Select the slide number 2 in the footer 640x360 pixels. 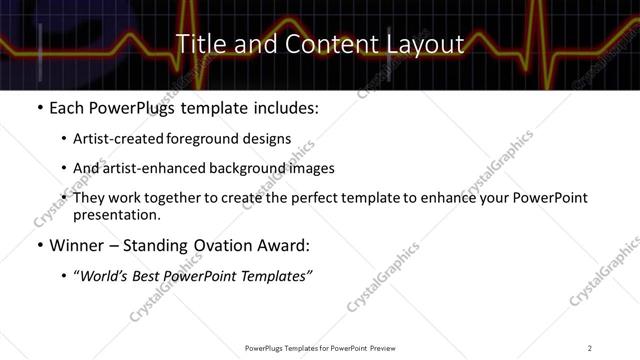pyautogui.click(x=590, y=348)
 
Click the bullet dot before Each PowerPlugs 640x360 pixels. pyautogui.click(x=39, y=106)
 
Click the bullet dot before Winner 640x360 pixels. pyautogui.click(x=39, y=245)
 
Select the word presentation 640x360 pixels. pyautogui.click(x=115, y=214)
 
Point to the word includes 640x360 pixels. pyautogui.click(x=286, y=106)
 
